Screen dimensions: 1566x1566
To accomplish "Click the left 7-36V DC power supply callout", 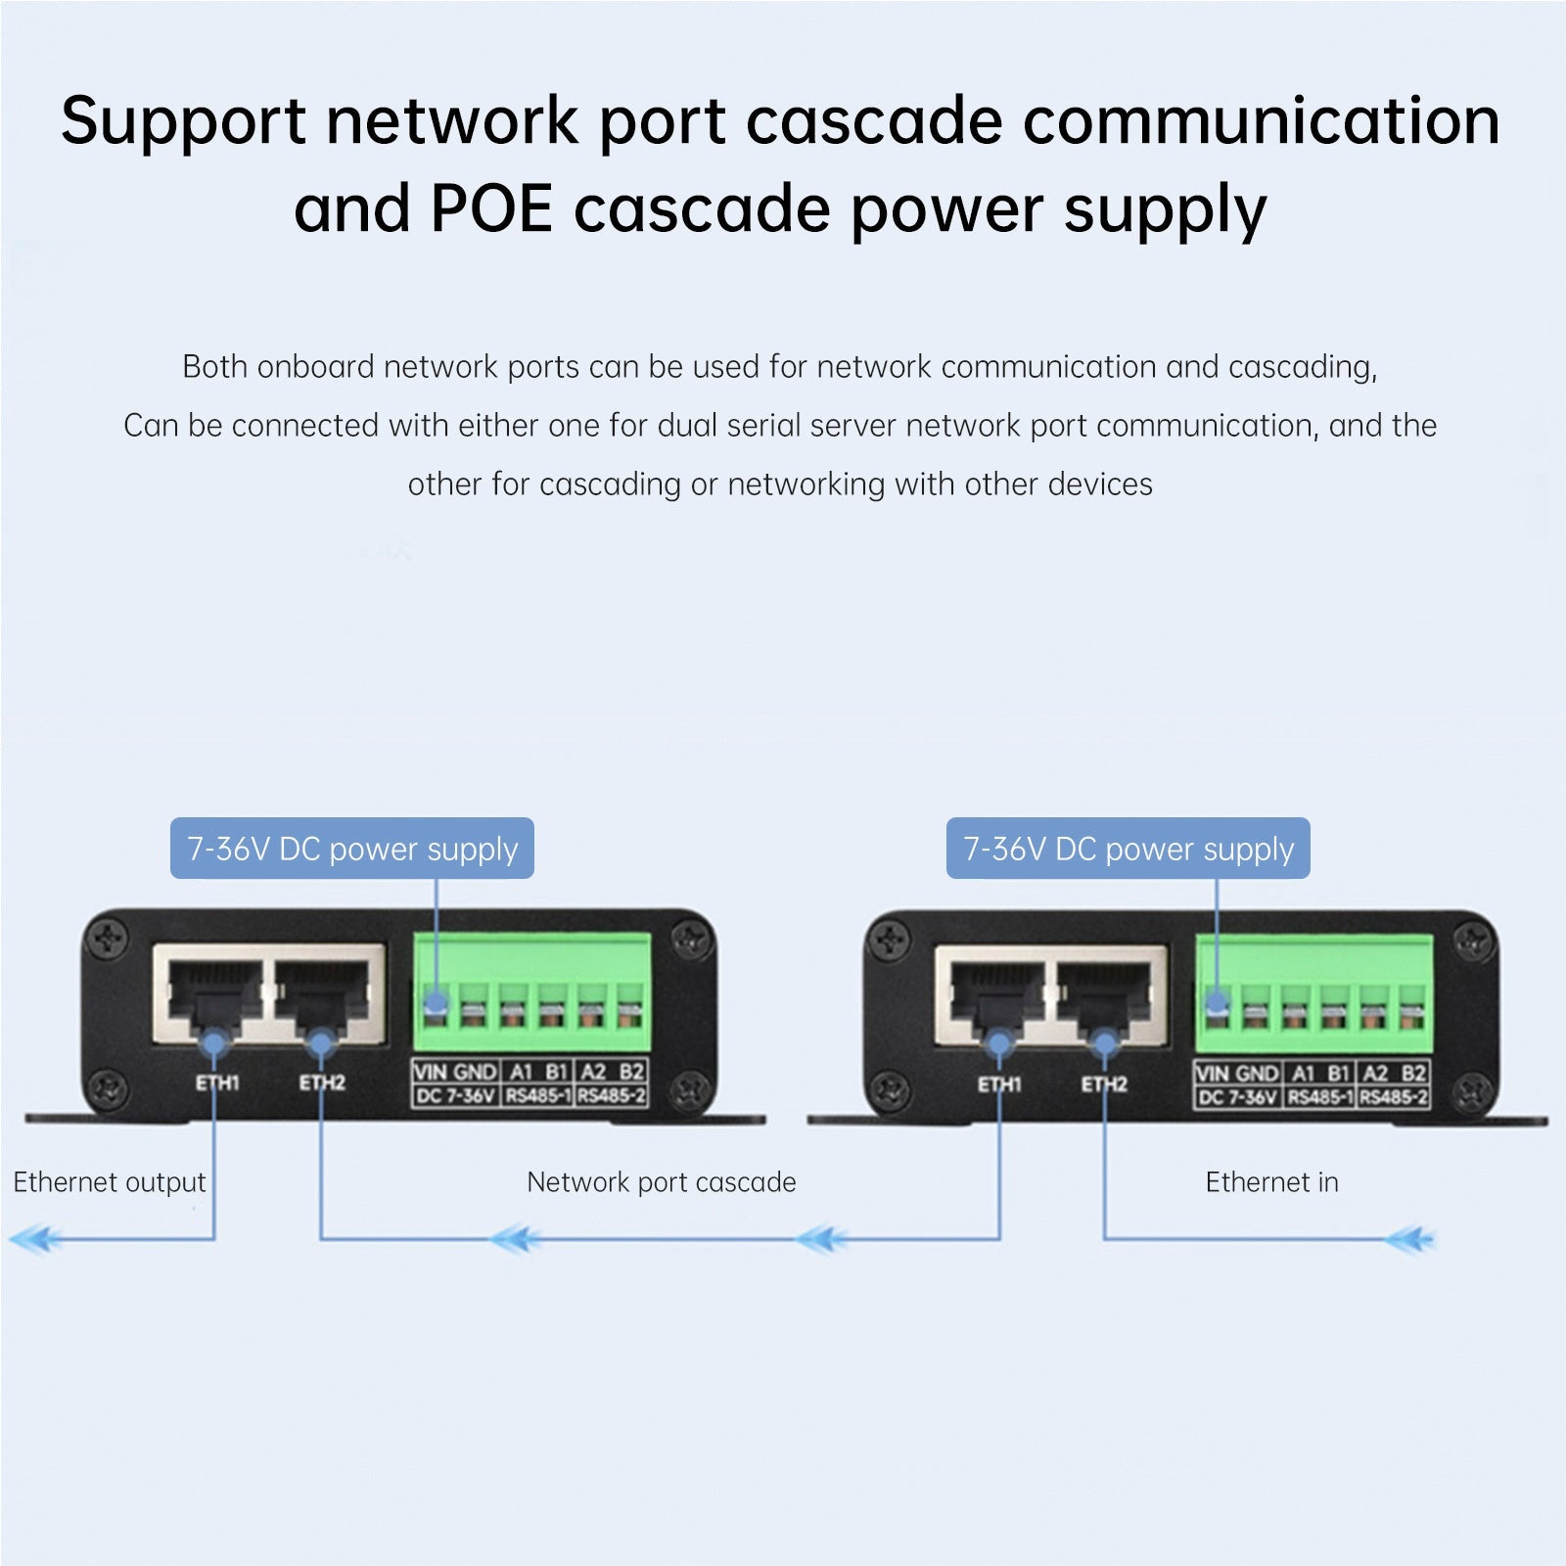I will pos(352,849).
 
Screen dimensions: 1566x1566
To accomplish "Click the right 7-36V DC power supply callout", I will pos(1128,849).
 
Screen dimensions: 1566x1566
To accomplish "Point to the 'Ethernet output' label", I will pos(110,1182).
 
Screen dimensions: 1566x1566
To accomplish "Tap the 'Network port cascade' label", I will pos(661,1182).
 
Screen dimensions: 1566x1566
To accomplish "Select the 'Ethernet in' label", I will pos(1271,1182).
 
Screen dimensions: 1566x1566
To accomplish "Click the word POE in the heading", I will pos(491,208).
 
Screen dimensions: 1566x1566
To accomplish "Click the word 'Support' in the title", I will pos(183,122).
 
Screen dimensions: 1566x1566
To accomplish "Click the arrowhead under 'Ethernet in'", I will pos(1409,1240).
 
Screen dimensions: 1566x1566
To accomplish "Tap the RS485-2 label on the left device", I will pos(611,1096).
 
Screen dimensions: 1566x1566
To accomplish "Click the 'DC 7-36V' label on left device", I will pos(456,1096).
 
